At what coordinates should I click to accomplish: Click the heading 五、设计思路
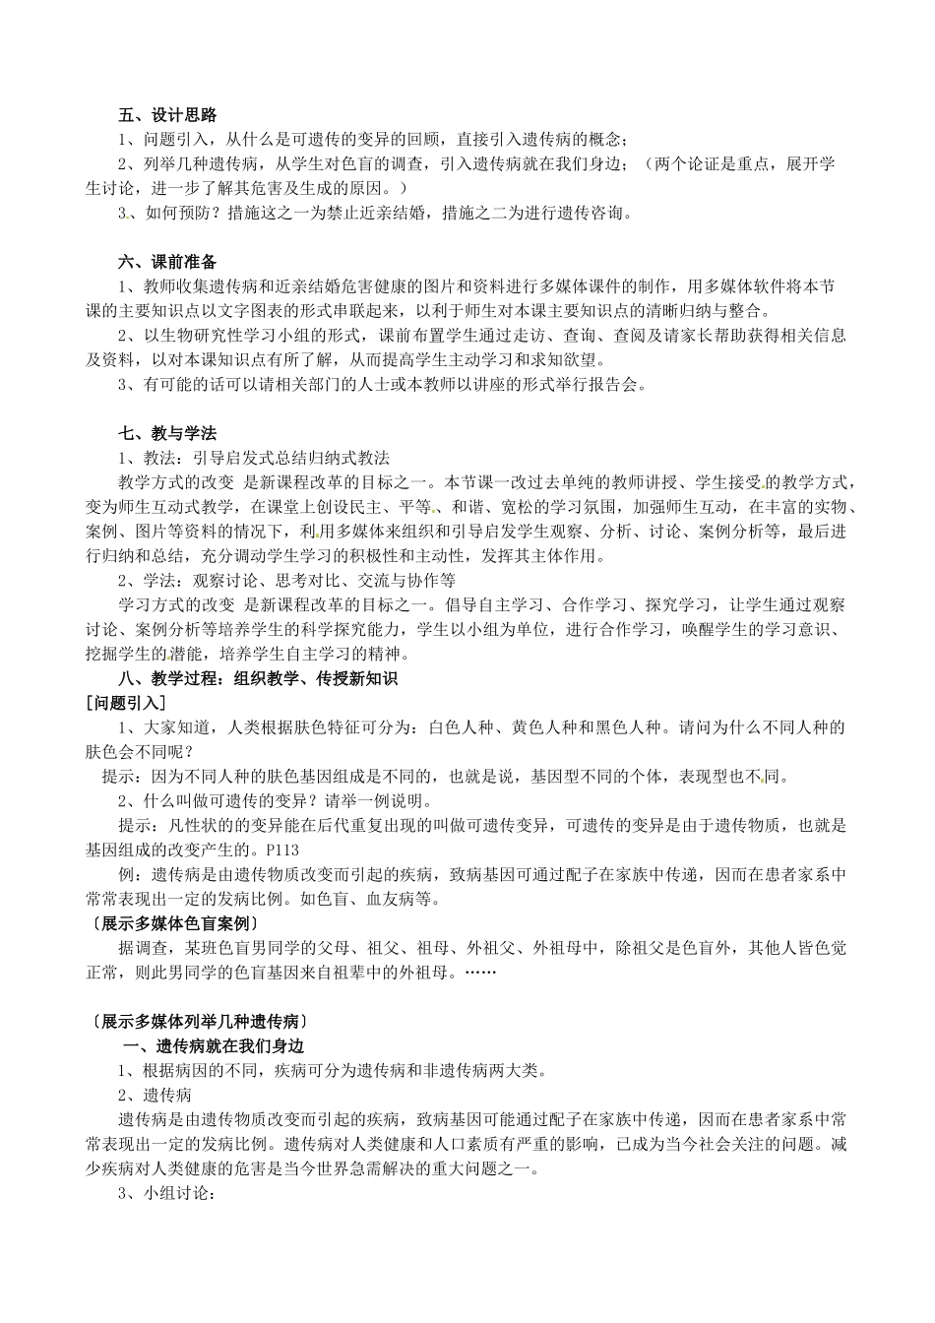coord(167,116)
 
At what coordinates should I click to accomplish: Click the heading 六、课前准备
coord(167,263)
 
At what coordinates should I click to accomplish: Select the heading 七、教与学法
coord(167,434)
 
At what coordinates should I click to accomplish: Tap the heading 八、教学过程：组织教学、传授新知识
coord(258,678)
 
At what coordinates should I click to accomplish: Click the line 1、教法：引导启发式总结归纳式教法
coord(254,459)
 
